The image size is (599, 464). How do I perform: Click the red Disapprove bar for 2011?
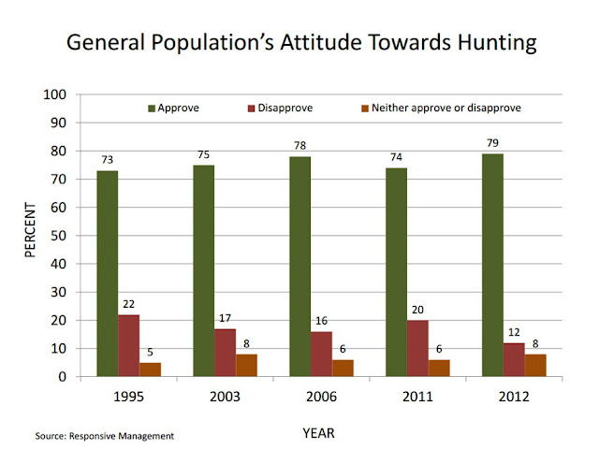click(x=419, y=348)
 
